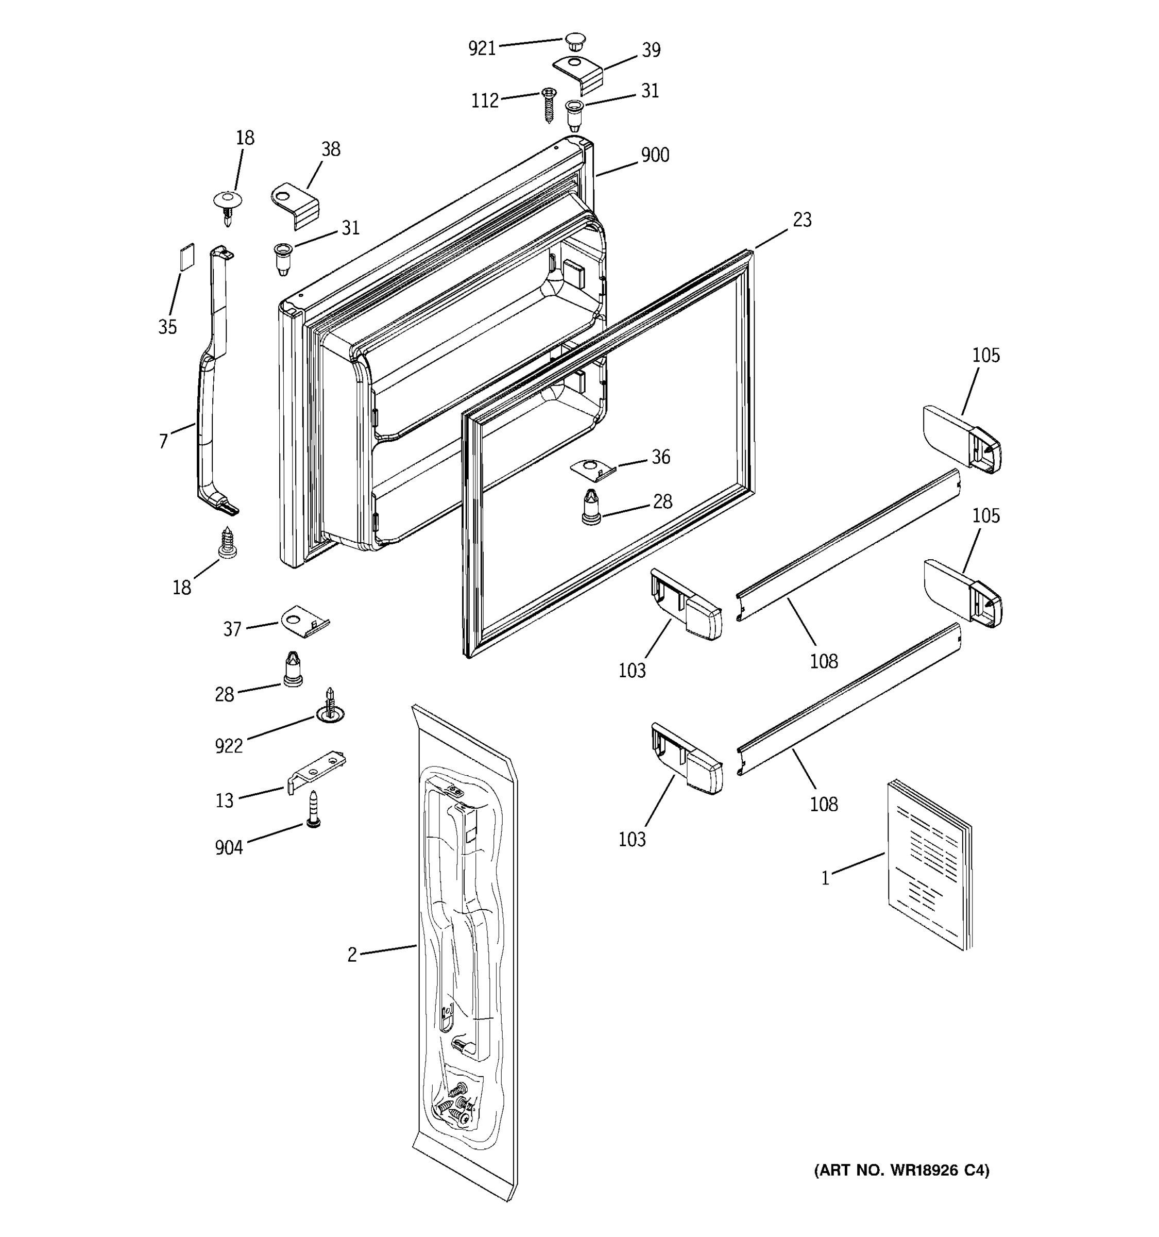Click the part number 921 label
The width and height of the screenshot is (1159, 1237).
[x=481, y=48]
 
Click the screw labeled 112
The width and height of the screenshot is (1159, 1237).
[x=549, y=104]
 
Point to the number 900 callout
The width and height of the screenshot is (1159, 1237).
[x=655, y=155]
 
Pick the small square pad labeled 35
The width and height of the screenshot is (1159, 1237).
[x=186, y=256]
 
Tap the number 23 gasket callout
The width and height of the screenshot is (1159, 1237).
[x=802, y=220]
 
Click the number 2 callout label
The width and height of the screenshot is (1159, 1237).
[x=352, y=955]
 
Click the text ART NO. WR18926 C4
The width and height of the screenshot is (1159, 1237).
[x=901, y=1171]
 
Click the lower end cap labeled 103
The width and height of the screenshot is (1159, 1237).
[x=687, y=759]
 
